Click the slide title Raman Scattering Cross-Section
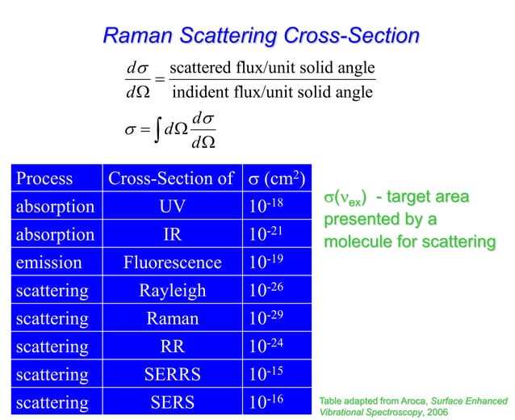click(262, 36)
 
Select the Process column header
click(44, 178)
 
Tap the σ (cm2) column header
click(278, 178)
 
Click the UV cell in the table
click(171, 207)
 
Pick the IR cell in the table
click(171, 235)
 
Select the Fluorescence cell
click(171, 262)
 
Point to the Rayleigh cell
click(171, 291)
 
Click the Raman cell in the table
click(171, 318)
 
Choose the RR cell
click(171, 346)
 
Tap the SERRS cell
click(171, 375)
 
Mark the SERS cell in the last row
click(171, 402)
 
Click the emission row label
click(48, 262)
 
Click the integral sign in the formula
click(155, 130)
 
